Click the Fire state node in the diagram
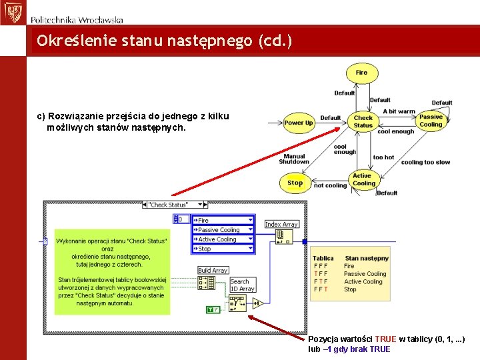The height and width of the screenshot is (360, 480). click(361, 73)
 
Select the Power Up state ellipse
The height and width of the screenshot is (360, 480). click(298, 123)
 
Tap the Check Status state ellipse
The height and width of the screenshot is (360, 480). click(363, 121)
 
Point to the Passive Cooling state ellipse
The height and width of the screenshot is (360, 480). click(431, 121)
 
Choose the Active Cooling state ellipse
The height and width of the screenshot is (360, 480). click(363, 180)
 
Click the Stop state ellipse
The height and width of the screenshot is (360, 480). click(295, 183)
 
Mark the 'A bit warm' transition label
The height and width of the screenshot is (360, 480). click(399, 111)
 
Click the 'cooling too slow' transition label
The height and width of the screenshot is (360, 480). click(425, 162)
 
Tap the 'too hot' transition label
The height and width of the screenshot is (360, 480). click(383, 157)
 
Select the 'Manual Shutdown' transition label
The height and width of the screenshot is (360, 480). click(294, 159)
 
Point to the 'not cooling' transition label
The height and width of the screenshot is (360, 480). click(330, 185)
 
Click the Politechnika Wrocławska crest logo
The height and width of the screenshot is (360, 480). click(11, 11)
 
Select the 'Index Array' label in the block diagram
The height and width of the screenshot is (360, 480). click(281, 225)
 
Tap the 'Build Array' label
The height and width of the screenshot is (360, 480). click(213, 270)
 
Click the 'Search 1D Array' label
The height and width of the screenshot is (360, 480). click(241, 285)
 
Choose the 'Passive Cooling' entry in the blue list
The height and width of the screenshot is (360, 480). click(219, 230)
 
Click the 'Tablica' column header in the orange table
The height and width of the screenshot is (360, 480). click(323, 258)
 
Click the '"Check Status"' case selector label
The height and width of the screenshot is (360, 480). click(168, 205)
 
